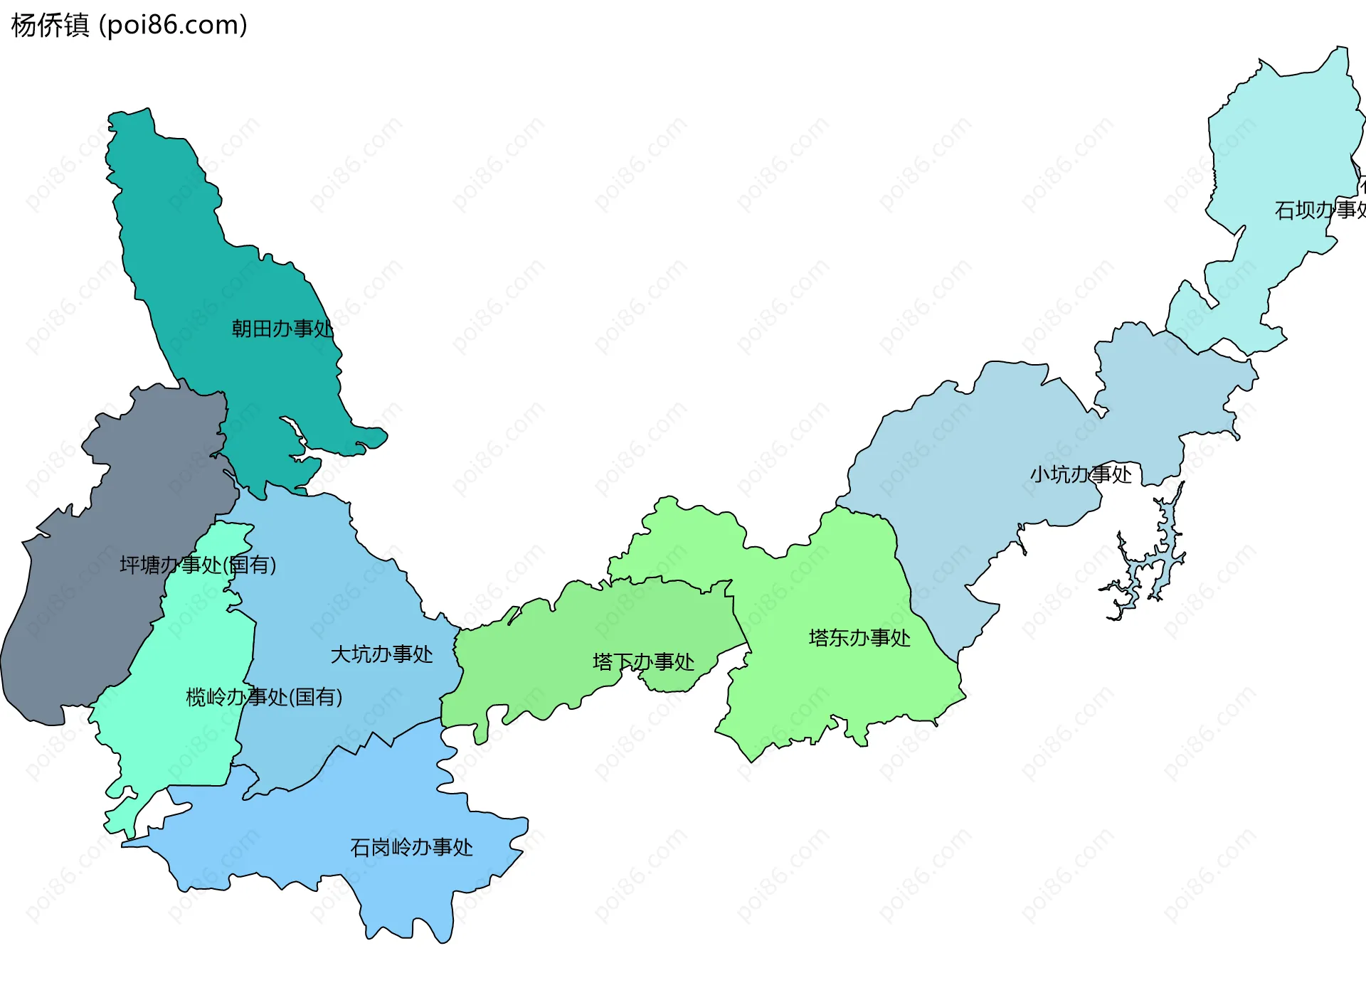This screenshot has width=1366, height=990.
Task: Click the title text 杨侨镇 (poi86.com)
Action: pyautogui.click(x=129, y=25)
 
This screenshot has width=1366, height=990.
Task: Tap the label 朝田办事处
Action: pyautogui.click(x=282, y=329)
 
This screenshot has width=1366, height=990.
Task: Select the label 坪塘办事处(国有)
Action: pyautogui.click(x=198, y=565)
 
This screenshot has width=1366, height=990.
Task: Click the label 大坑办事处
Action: pyautogui.click(x=381, y=654)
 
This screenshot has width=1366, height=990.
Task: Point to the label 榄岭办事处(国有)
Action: pyautogui.click(x=264, y=696)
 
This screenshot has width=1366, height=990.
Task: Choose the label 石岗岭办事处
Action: pyautogui.click(x=411, y=847)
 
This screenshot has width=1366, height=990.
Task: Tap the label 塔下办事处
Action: pyautogui.click(x=643, y=662)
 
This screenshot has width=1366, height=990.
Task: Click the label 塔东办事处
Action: pyautogui.click(x=859, y=638)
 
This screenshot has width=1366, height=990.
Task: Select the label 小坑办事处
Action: pyautogui.click(x=1081, y=474)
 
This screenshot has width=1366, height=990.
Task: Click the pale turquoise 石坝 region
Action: pyautogui.click(x=1281, y=142)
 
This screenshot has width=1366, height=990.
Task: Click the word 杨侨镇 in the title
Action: pyautogui.click(x=50, y=25)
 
